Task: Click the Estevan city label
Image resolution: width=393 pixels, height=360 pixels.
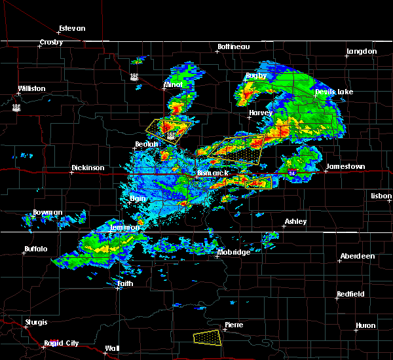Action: point(72,29)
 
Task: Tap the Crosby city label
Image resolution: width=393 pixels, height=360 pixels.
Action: point(51,43)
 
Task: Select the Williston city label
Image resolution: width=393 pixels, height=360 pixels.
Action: point(32,88)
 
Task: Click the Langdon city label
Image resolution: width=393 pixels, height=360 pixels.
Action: point(362,51)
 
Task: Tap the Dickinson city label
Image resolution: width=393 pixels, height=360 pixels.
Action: point(88,168)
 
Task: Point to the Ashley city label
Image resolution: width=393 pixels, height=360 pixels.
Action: point(295,222)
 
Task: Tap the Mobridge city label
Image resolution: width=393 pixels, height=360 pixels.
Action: point(233,253)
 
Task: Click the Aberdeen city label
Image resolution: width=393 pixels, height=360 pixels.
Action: point(357,256)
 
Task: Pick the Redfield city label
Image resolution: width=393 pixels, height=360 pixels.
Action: point(350,295)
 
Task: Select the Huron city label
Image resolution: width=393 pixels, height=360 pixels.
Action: point(365,326)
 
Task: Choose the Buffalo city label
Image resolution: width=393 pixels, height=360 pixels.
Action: point(36,249)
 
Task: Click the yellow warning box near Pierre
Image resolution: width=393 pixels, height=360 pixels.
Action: point(208,338)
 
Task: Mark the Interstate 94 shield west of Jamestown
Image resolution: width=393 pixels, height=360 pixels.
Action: point(291,172)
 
